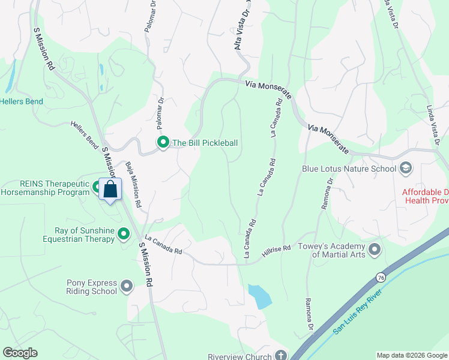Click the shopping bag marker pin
point(110,190)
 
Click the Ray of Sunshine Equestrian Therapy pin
point(124,233)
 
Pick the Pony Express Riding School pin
point(126,286)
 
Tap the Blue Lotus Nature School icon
point(406,168)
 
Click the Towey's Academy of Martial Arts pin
point(375,248)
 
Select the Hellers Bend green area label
point(22,101)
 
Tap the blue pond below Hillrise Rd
point(260,296)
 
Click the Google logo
point(20,353)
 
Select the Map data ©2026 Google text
point(411,356)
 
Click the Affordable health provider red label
point(425,196)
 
